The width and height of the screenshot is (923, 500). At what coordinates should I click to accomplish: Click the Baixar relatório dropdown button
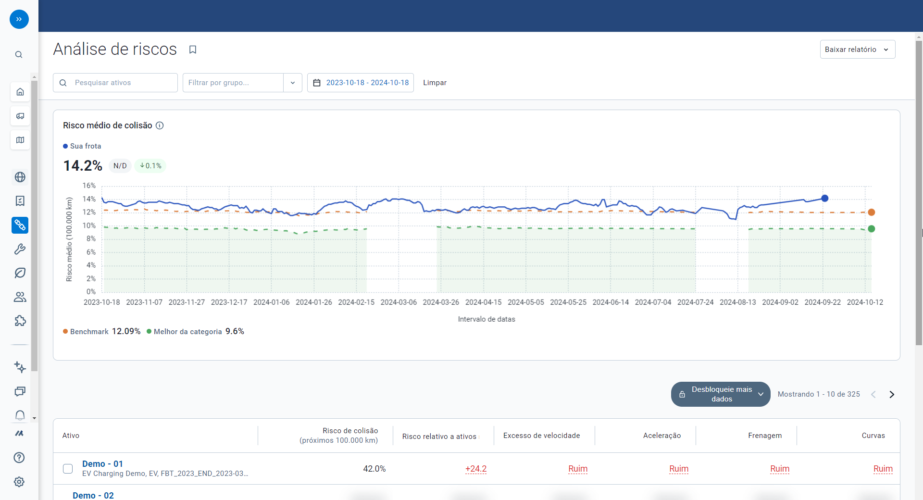[x=857, y=50]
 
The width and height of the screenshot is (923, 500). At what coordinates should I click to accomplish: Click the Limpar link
[x=435, y=83]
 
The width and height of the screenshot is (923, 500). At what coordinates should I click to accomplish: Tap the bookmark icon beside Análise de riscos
[x=193, y=50]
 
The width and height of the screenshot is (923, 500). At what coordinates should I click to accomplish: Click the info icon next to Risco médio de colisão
[x=160, y=125]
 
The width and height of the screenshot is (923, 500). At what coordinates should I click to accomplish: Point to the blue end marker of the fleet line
[x=825, y=198]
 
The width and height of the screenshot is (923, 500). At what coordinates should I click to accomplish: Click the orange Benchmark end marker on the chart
[x=872, y=212]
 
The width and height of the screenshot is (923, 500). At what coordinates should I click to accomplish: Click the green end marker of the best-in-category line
[x=872, y=229]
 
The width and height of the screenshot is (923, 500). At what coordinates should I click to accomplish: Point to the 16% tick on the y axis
[x=89, y=186]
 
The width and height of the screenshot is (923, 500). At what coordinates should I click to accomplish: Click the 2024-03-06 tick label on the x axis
[x=399, y=302]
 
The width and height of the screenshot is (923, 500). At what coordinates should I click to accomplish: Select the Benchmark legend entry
[x=89, y=332]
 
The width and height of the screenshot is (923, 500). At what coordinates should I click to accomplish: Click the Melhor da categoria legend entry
[x=187, y=332]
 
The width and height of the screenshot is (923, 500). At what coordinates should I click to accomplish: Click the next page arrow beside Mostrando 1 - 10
[x=892, y=394]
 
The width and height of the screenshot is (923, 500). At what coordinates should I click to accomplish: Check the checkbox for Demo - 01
[x=68, y=469]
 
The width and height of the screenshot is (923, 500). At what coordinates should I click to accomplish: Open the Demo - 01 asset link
[x=102, y=464]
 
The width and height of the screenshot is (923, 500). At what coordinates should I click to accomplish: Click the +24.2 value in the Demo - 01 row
[x=476, y=469]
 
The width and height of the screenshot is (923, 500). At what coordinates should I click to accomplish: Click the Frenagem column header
[x=765, y=436]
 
